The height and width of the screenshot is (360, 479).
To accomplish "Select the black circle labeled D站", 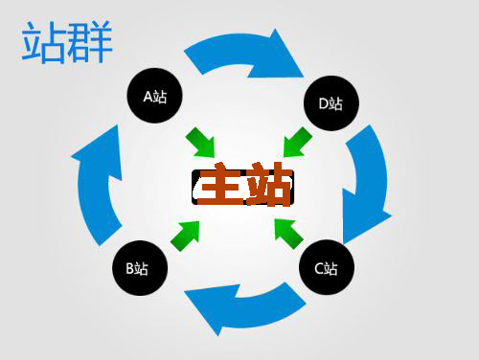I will click(331, 102).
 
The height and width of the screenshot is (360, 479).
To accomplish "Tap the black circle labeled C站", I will click(326, 268).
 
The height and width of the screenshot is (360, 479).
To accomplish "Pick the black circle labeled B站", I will click(140, 268).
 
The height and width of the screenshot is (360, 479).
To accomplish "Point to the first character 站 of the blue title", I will click(44, 43).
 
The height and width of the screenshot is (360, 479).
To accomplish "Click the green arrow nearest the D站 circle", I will click(297, 142).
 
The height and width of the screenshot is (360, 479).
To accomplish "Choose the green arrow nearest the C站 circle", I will click(288, 231).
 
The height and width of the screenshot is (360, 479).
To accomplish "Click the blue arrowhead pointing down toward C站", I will click(365, 221).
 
